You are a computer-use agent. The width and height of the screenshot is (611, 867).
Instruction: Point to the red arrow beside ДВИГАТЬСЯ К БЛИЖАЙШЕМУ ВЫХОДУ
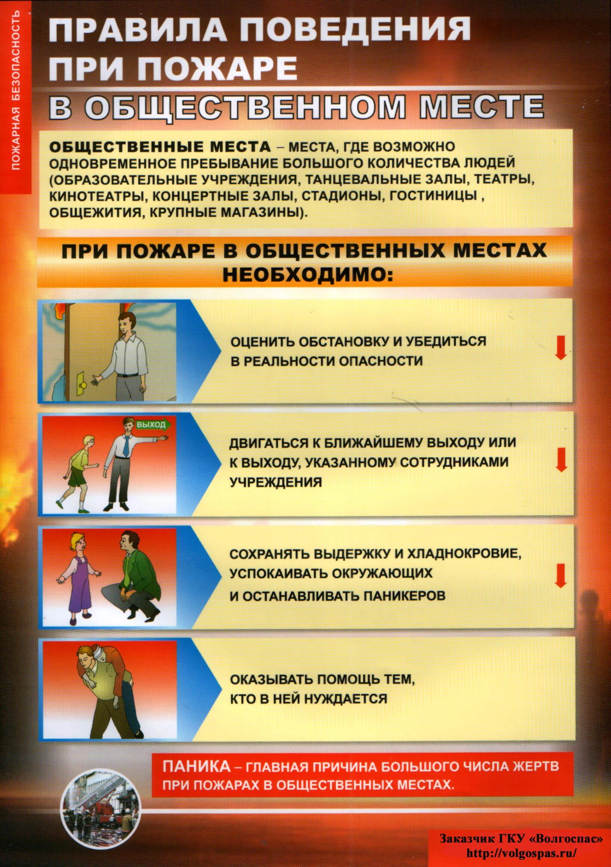[x=562, y=460]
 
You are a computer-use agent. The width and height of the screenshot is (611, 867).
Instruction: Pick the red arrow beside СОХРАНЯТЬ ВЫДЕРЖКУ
[x=561, y=576]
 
